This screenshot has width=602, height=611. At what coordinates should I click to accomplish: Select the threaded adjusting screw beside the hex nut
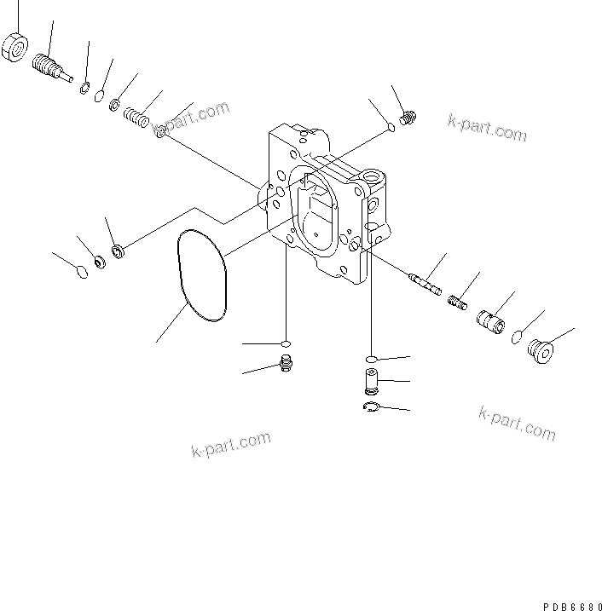pyautogui.click(x=49, y=66)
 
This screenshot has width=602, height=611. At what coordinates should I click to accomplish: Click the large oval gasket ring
pyautogui.click(x=201, y=275)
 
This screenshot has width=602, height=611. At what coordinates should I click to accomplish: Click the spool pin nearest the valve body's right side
pyautogui.click(x=424, y=281)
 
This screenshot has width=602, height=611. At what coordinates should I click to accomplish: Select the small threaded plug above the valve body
pyautogui.click(x=407, y=118)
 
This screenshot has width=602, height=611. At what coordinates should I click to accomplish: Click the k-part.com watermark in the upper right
pyautogui.click(x=487, y=128)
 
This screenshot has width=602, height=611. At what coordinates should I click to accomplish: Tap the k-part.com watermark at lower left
pyautogui.click(x=230, y=444)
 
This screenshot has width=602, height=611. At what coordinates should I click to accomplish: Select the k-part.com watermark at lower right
pyautogui.click(x=517, y=424)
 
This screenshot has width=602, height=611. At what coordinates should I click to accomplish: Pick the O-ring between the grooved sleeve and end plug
pyautogui.click(x=518, y=338)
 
